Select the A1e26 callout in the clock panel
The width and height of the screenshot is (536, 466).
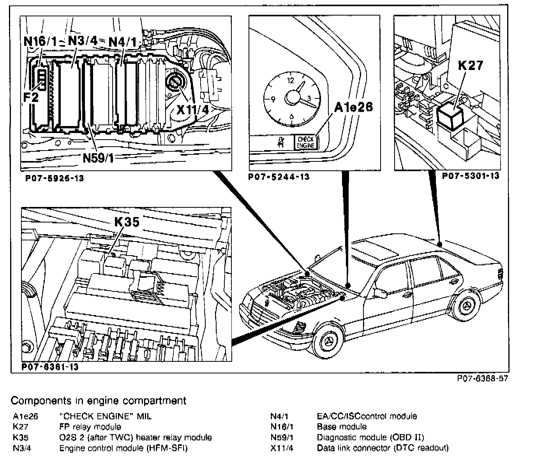(x=353, y=107)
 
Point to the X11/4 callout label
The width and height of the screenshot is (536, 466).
(x=192, y=109)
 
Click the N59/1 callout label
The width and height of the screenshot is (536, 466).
(x=98, y=158)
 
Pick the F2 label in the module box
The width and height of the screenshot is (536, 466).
(x=31, y=97)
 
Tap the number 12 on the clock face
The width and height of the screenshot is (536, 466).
(x=289, y=81)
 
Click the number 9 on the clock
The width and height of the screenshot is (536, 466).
(x=273, y=99)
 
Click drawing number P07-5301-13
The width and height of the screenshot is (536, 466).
(x=470, y=176)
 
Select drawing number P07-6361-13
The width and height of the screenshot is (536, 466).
(x=50, y=367)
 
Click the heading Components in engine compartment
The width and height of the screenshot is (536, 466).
(x=99, y=400)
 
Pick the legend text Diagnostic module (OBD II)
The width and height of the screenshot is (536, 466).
(x=370, y=437)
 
